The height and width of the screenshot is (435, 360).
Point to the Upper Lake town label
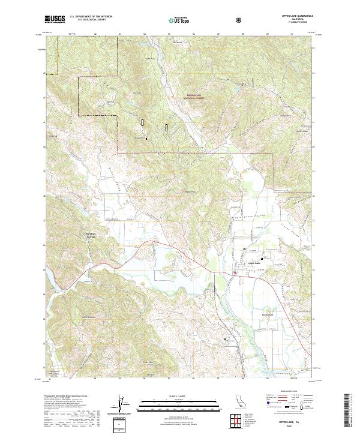(x=254, y=263)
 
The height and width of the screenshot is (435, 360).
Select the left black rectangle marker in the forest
(x=143, y=122)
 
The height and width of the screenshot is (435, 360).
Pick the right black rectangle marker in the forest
(x=166, y=127)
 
